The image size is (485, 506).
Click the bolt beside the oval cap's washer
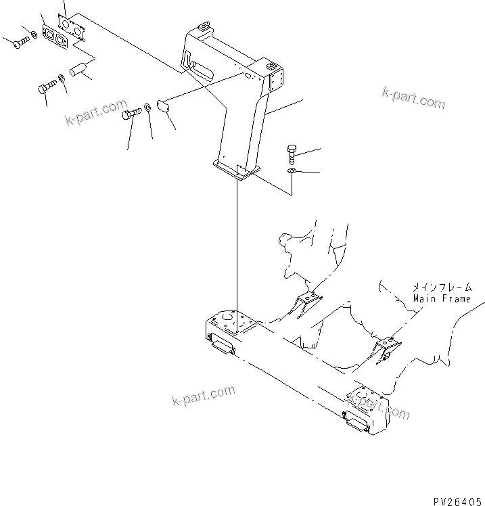tap(131, 116)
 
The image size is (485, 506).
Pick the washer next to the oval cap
tap(147, 109)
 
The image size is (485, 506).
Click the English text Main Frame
tap(441, 298)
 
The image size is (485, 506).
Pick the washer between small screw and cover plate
tap(32, 33)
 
